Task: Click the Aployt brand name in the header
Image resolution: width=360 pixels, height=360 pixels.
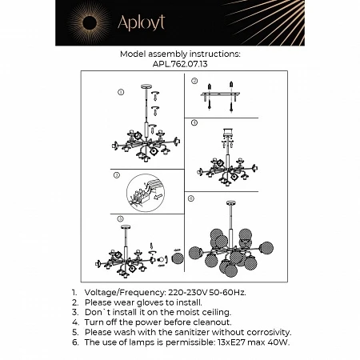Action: point(141,23)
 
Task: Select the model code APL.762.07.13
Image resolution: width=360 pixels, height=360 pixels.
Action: point(180,65)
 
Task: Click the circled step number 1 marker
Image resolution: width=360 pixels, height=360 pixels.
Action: point(120,92)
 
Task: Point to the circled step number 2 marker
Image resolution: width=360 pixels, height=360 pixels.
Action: point(194,81)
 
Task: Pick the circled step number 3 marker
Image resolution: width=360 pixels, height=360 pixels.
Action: point(117,174)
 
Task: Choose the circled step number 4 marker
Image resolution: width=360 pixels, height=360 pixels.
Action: point(193,122)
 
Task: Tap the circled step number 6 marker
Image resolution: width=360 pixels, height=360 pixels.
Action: point(190,197)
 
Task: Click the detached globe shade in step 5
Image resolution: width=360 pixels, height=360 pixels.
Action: point(178,258)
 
